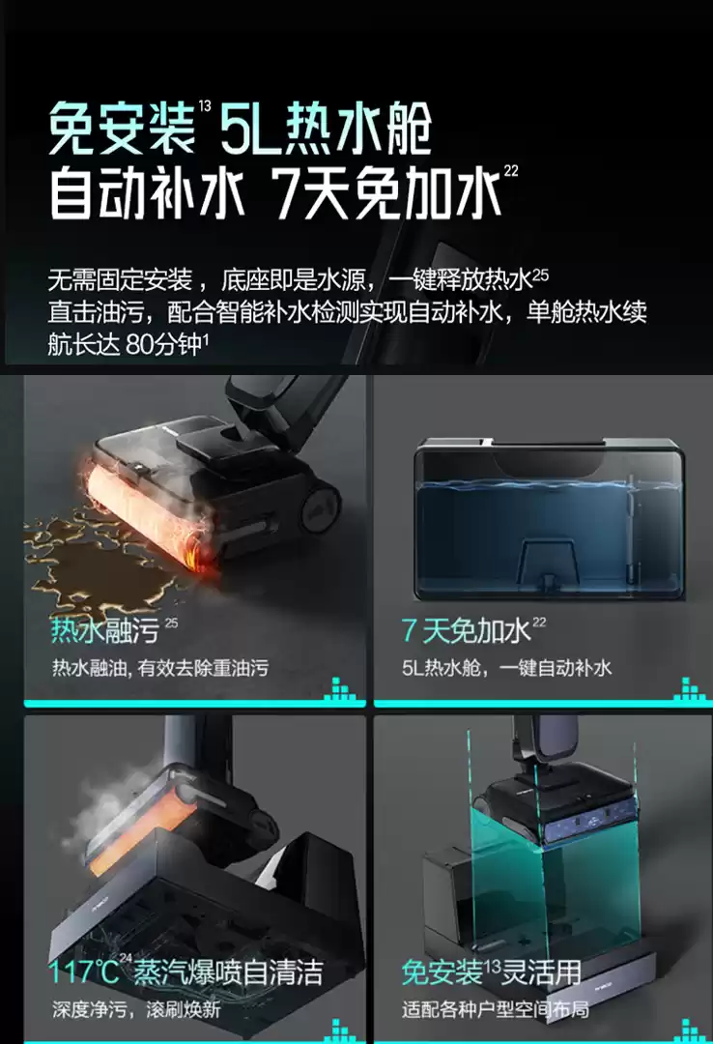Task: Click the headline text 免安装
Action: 121,128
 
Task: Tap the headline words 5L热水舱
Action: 327,128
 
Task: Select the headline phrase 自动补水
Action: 148,194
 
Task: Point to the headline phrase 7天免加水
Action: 387,194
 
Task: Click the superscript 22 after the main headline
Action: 511,171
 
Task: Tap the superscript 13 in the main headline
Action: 204,106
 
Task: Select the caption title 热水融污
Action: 104,630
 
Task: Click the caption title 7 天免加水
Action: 466,630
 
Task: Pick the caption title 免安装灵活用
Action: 492,972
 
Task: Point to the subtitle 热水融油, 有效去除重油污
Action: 159,668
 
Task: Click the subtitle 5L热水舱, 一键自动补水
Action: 506,668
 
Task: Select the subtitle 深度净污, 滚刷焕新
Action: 136,1009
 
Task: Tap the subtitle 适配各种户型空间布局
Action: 496,1009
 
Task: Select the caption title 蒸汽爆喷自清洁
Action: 228,972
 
